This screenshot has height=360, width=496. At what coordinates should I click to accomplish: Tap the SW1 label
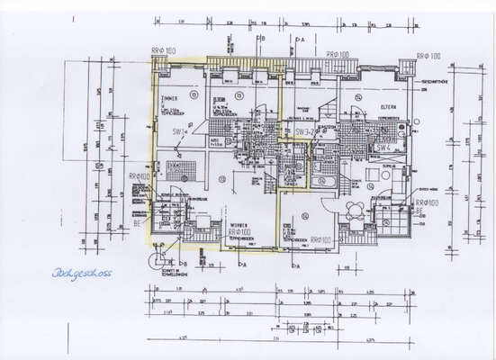pos(178,133)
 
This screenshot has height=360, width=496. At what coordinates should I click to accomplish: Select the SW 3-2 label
pos(305,131)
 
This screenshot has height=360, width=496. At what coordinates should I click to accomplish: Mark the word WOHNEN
pos(238,224)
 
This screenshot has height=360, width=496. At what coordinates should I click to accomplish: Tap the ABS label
pos(216,141)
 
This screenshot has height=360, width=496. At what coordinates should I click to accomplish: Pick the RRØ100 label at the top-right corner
pos(429,56)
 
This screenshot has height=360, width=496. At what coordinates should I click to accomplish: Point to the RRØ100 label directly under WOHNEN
pos(237,232)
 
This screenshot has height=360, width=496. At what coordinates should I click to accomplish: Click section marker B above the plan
pos(258,40)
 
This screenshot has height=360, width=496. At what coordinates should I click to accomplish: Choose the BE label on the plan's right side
pos(419,220)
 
